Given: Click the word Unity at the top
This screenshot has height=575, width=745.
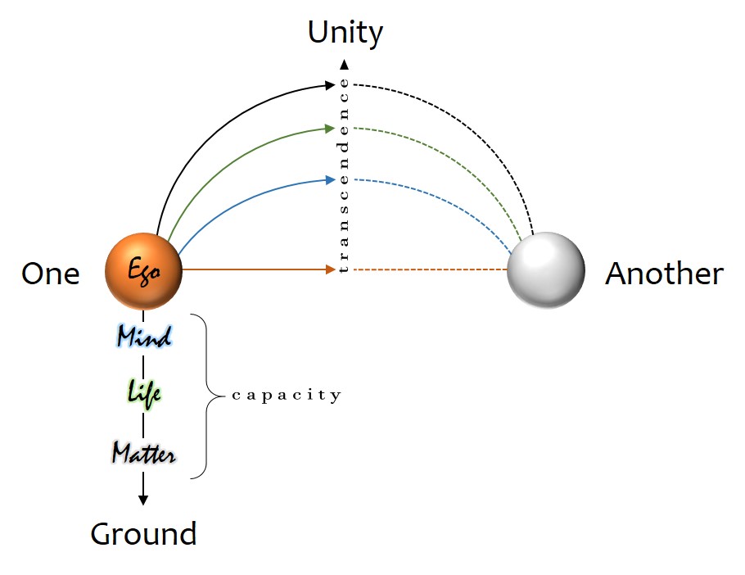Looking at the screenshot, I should point(345,33).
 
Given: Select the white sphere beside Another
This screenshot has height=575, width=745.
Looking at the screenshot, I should point(546,270).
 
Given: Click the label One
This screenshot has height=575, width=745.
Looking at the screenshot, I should point(51,274).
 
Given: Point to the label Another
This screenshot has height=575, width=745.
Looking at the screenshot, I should point(664,274).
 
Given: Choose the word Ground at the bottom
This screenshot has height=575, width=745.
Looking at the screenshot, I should point(143,534).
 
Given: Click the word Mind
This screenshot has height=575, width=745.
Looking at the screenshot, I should point(144,336).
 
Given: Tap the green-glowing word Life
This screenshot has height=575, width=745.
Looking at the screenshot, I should point(144,392).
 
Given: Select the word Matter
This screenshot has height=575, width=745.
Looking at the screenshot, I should point(144,452).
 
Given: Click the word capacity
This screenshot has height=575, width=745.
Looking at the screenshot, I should point(286,396).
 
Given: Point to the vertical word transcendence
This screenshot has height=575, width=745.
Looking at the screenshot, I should point(344,176).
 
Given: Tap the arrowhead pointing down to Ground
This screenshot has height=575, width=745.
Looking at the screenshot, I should point(143,499).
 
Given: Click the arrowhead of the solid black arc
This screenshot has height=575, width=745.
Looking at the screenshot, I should point(330,84).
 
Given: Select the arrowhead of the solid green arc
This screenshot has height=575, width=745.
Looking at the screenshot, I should point(330,129).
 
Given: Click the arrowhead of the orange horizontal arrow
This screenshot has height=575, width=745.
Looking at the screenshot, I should point(331,269).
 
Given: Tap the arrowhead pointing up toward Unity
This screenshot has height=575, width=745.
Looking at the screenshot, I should point(345,64).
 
